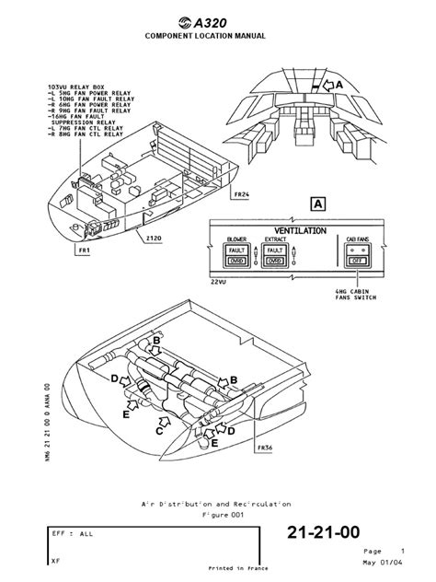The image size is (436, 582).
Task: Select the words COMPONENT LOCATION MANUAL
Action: (x=218, y=36)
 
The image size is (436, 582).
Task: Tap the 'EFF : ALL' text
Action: (x=68, y=533)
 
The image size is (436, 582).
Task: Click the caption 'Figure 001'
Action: (x=217, y=516)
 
